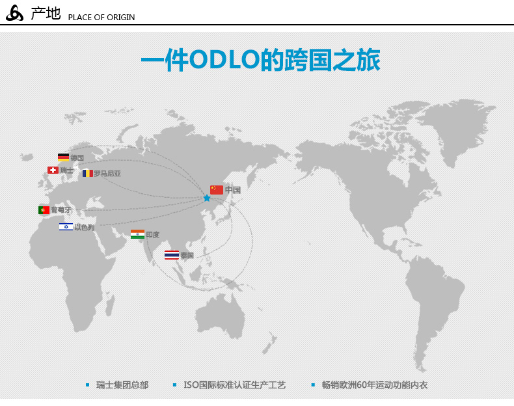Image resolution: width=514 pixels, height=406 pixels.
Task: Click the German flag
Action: tap(63, 157)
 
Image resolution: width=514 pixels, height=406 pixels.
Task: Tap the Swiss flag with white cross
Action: tap(53, 170)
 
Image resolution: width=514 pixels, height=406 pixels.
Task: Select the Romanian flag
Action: tap(88, 173)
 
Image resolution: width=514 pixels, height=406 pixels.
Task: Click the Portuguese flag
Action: tap(44, 210)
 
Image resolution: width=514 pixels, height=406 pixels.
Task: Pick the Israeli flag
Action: tap(66, 227)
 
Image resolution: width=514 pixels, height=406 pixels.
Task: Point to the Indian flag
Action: tap(137, 234)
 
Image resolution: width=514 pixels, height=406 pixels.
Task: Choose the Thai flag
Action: tap(172, 255)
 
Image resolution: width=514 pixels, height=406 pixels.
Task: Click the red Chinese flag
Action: tap(217, 190)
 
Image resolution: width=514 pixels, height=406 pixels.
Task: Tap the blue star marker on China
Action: tap(207, 198)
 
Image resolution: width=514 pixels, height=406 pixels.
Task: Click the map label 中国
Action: tap(233, 190)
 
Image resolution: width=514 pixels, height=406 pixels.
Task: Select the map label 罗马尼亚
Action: tap(107, 173)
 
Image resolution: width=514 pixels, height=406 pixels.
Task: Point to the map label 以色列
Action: tap(84, 227)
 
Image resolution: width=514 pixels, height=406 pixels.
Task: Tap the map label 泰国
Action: tap(187, 255)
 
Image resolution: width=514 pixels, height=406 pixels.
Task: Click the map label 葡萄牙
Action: tap(61, 210)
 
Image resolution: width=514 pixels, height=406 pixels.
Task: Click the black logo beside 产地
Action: tap(15, 13)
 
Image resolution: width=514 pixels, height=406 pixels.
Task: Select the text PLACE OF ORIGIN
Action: tap(101, 18)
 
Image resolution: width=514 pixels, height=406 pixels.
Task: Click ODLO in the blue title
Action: tap(224, 59)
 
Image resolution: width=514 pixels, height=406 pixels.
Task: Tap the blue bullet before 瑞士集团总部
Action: tap(88, 385)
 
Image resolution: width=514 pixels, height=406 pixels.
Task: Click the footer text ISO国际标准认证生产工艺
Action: tap(234, 385)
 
